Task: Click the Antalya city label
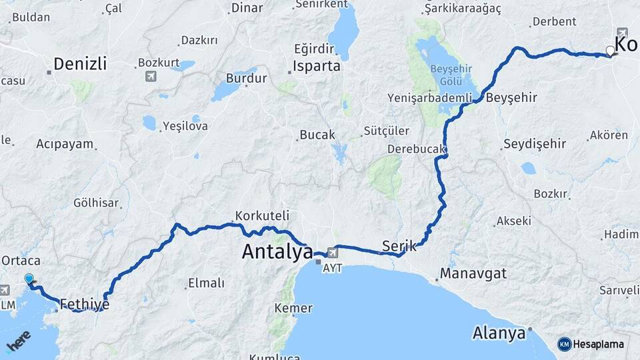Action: [277, 252]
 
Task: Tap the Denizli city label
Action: [80, 64]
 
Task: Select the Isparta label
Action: [317, 66]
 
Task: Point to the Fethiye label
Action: [84, 305]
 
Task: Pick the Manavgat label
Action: [473, 273]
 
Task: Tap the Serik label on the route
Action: [399, 246]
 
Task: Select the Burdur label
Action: [247, 78]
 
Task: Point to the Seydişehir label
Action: [535, 143]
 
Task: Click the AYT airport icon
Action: [332, 253]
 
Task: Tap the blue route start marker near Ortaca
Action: [29, 279]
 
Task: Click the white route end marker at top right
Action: [610, 51]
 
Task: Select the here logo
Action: [19, 345]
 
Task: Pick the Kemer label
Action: [293, 308]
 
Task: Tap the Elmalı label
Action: [206, 283]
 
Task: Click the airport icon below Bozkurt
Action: [151, 76]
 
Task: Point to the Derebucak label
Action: [416, 149]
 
